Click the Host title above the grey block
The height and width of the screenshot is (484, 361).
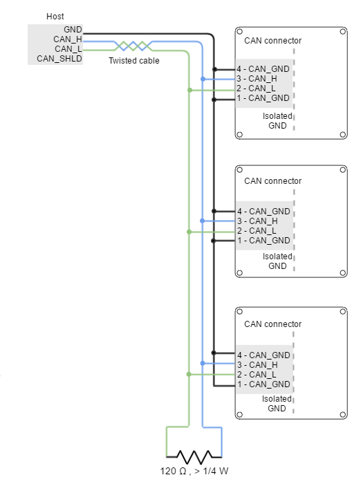[x=55, y=17]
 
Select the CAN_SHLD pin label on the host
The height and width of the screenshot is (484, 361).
[x=59, y=59]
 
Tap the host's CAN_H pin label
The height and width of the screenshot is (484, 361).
[x=68, y=39]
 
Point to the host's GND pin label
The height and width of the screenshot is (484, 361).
[x=73, y=30]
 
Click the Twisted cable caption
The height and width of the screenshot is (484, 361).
[x=134, y=61]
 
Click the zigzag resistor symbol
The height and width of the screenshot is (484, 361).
[x=194, y=457]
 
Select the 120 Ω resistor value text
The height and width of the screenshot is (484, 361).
[x=174, y=471]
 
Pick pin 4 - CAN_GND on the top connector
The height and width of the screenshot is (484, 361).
[x=263, y=69]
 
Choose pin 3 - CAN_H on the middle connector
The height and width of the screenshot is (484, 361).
[x=257, y=221]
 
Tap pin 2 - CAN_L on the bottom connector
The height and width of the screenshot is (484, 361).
[x=257, y=375]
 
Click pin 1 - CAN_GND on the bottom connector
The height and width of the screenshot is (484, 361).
[x=263, y=384]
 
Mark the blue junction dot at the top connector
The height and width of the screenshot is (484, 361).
[x=203, y=79]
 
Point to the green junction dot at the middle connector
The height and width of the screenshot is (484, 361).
[x=189, y=232]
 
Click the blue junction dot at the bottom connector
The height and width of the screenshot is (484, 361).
[x=203, y=363]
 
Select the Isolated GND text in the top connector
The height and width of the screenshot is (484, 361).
[x=277, y=121]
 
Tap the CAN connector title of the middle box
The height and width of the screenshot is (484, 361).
[x=273, y=181]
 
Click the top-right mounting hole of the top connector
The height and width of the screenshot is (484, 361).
[x=342, y=32]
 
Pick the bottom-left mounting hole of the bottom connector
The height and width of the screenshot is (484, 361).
[x=239, y=414]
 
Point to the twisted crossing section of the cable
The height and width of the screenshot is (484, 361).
[x=133, y=46]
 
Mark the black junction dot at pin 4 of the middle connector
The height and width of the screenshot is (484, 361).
[x=214, y=211]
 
